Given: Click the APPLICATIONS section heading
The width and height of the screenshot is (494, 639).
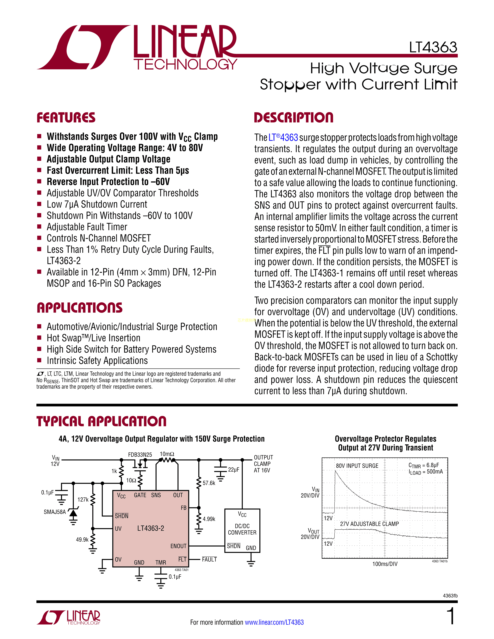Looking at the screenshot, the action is tap(80, 308).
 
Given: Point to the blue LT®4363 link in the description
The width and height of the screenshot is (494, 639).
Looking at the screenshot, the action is tap(283, 137).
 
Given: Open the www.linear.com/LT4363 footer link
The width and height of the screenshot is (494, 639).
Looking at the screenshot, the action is tap(274, 622).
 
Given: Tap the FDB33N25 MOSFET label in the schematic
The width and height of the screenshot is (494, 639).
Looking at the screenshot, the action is tap(140, 455).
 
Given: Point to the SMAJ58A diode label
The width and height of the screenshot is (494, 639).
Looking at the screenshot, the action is tap(55, 512).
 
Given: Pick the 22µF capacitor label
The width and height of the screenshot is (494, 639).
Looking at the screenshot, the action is tap(234, 470).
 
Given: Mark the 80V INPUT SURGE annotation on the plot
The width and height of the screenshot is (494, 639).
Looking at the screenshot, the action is tap(357, 466).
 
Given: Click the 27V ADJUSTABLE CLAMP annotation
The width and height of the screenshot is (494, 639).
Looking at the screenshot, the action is tap(369, 524).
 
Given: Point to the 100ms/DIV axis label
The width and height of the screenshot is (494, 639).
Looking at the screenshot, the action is tap(385, 564).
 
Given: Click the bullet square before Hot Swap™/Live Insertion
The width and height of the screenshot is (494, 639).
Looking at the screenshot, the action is tap(39, 338).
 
